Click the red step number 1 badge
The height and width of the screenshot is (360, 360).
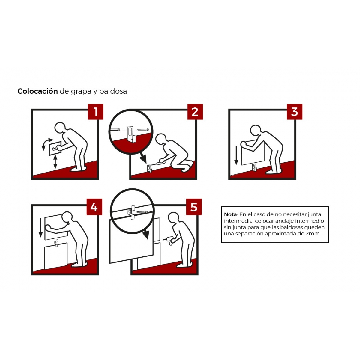pyautogui.click(x=95, y=112)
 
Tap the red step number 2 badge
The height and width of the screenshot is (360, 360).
pyautogui.click(x=195, y=112)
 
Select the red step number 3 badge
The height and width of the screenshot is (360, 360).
pyautogui.click(x=294, y=112)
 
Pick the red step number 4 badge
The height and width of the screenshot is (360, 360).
pyautogui.click(x=94, y=207)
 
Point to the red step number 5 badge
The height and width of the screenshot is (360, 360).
pyautogui.click(x=194, y=207)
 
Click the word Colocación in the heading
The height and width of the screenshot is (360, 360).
pyautogui.click(x=37, y=91)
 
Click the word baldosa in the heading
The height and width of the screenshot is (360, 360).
pyautogui.click(x=113, y=91)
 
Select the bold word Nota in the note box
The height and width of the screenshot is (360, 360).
pyautogui.click(x=231, y=214)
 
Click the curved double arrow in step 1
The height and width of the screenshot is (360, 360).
pyautogui.click(x=46, y=143)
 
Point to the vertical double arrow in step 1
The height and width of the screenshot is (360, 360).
pyautogui.click(x=55, y=162)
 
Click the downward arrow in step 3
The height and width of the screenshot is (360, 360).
pyautogui.click(x=236, y=155)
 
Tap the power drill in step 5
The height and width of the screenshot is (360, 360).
pyautogui.click(x=169, y=240)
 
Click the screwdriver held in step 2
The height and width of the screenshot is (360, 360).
pyautogui.click(x=157, y=163)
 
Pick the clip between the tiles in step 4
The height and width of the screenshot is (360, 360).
pyautogui.click(x=56, y=243)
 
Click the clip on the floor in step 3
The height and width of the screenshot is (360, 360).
pyautogui.click(x=254, y=167)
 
